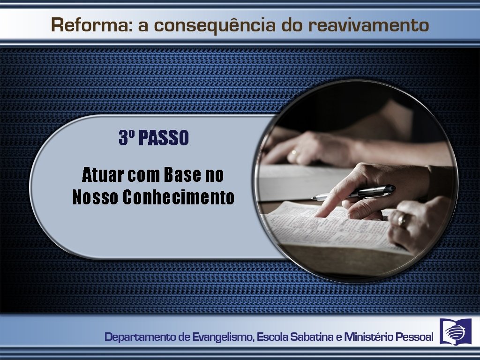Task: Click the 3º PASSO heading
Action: point(153,138)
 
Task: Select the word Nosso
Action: point(95,197)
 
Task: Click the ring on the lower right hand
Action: point(402,220)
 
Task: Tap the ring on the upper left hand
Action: point(294,152)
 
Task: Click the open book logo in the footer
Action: point(455,331)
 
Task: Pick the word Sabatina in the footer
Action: point(310,337)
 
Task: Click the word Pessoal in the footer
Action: point(415,337)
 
